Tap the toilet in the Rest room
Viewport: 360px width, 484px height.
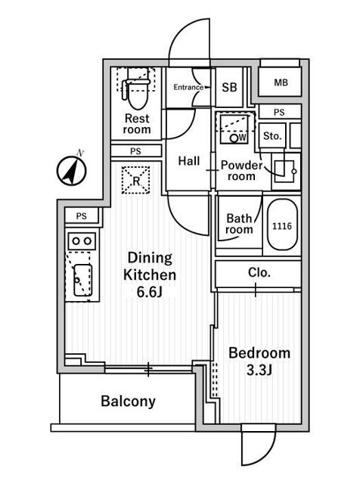[x=137, y=90]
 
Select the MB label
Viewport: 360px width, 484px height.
[x=281, y=82]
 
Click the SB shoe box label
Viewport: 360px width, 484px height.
[x=229, y=88]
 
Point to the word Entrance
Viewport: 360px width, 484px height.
[x=188, y=88]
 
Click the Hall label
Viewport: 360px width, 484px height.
[x=189, y=161]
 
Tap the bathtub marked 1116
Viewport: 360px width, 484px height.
[x=282, y=225]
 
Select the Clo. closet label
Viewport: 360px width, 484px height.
[x=259, y=272]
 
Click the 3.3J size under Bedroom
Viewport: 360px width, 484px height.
[x=259, y=370]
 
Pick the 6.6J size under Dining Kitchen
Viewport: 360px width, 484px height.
[x=150, y=292]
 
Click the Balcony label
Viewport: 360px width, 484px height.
[x=128, y=402]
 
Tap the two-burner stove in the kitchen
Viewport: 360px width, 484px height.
[x=82, y=240]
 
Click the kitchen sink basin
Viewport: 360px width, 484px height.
[x=82, y=280]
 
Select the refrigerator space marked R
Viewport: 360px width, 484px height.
[x=136, y=180]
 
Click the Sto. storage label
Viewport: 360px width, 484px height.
[x=272, y=136]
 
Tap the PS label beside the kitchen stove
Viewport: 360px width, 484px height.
[x=82, y=216]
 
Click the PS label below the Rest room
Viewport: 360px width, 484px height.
[x=135, y=151]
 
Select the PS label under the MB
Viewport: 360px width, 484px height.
[x=279, y=113]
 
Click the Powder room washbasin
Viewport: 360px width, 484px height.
[x=286, y=171]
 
